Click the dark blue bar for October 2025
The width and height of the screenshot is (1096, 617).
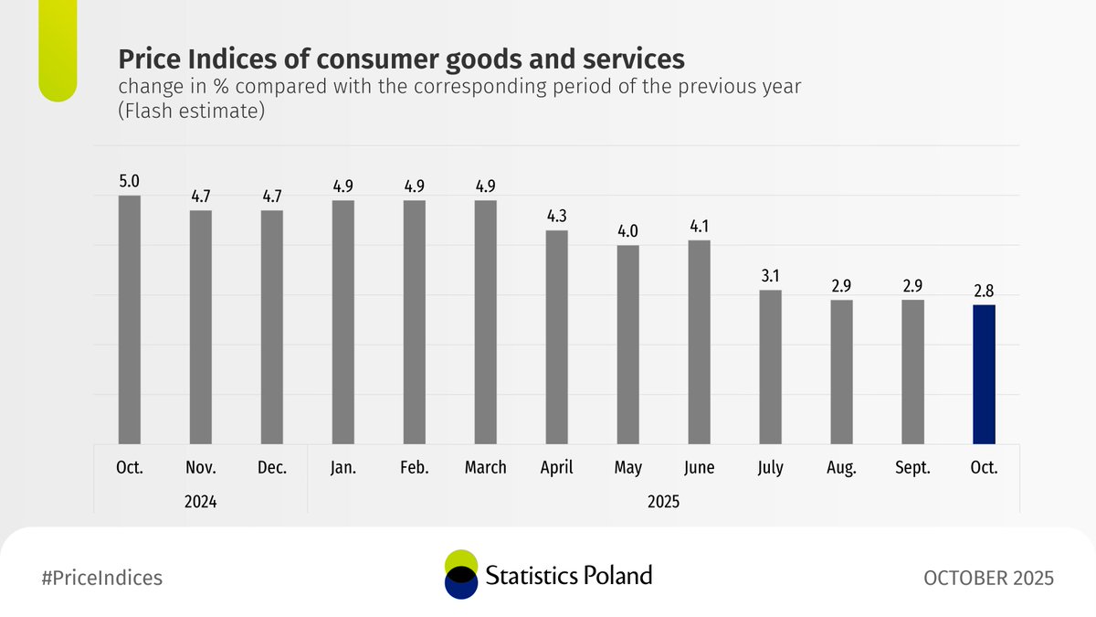pos(984,375)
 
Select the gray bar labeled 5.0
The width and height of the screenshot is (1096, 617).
pos(130,320)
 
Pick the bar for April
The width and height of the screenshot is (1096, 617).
pos(556,337)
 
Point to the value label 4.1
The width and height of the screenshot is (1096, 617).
pos(699,223)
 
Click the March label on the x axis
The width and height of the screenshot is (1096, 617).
pos(485,467)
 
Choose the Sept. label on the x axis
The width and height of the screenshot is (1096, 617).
pos(912,467)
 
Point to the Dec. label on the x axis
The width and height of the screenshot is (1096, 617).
pos(272,467)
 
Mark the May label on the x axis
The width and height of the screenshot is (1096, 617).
pos(627,468)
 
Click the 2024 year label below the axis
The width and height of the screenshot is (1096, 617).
pos(201,501)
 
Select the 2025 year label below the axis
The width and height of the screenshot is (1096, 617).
pos(663,501)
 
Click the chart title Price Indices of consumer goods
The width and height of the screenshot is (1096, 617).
pos(401,60)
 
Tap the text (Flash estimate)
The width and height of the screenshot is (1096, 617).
pos(191,112)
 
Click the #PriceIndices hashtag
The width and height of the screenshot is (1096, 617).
pos(102,578)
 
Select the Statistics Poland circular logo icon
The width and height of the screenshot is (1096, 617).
pos(461,575)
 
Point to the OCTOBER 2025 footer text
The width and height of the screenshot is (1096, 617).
pos(988,578)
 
